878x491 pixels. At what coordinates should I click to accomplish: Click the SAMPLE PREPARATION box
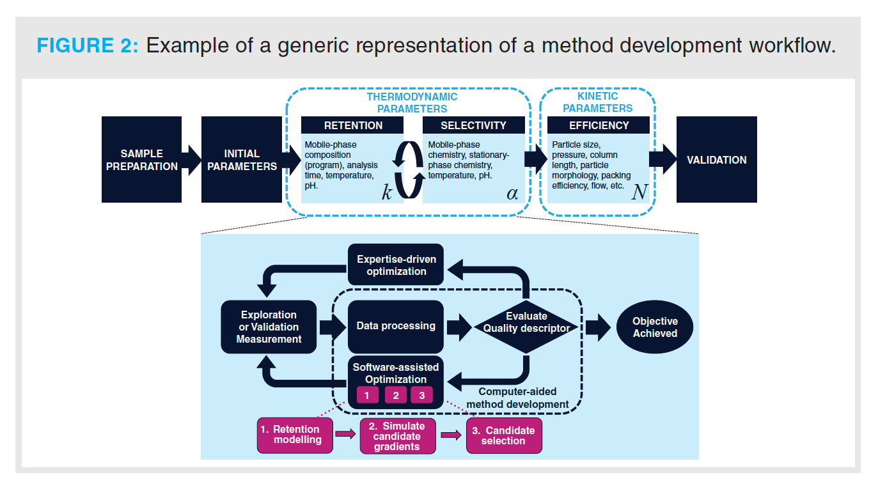tap(141, 160)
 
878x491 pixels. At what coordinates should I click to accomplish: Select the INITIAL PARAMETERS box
tap(242, 160)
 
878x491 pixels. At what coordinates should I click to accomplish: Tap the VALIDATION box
tap(716, 160)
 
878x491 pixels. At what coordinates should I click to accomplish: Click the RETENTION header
tap(353, 125)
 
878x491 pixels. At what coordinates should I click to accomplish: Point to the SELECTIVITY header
tap(473, 125)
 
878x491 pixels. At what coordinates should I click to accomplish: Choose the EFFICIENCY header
tap(599, 125)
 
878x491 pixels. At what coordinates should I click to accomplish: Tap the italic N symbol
tap(639, 192)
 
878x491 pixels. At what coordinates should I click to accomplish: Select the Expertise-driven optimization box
tap(396, 265)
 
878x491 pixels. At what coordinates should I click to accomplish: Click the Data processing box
tap(396, 326)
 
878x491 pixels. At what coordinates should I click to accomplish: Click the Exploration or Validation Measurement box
tap(269, 327)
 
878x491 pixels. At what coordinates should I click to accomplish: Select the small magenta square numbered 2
tap(396, 395)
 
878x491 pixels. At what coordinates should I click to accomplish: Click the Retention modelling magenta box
tap(295, 435)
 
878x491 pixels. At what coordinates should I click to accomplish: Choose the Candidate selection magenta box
tap(504, 435)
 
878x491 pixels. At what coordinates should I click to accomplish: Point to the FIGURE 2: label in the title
tap(87, 46)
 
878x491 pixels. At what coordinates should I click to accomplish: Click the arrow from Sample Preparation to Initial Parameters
tap(191, 160)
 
